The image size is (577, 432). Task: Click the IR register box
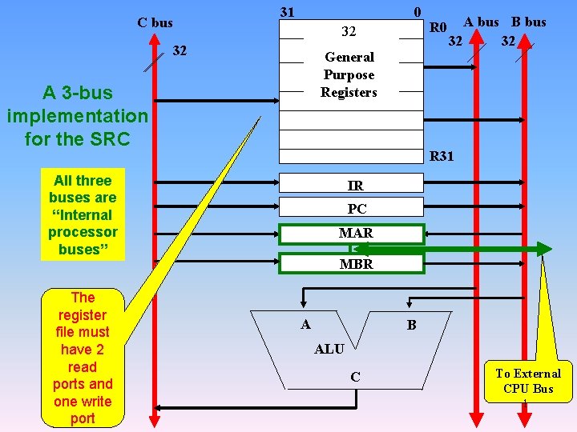351,185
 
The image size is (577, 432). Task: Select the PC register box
351,208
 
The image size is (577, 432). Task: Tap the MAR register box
351,234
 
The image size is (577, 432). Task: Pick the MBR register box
351,263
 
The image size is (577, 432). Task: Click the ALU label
329,349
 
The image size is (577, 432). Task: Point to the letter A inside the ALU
305,324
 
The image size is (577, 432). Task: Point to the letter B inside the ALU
411,325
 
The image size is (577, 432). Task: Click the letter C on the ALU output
355,377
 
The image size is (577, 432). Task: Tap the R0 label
438,28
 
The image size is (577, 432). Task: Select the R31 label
442,156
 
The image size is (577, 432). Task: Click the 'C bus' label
155,22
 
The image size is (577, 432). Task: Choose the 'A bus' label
481,22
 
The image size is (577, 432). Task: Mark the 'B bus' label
529,22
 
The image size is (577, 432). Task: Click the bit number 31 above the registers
287,12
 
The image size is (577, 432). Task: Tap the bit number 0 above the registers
417,12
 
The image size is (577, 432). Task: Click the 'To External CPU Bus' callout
527,381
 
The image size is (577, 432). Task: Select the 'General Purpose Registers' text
349,74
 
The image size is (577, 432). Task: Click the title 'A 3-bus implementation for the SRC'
77,115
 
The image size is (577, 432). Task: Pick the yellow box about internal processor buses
83,214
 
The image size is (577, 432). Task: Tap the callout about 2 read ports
83,358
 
